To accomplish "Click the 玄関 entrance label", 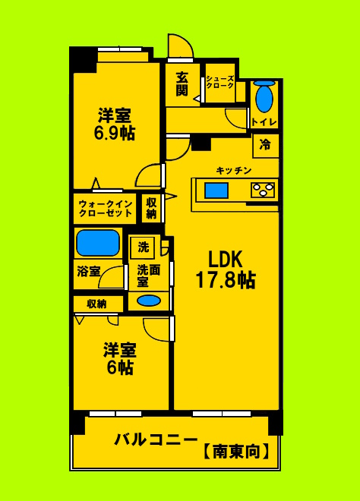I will (182, 83).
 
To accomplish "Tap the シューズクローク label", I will (219, 83).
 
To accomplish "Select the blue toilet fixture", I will (264, 99).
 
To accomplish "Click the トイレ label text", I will (264, 122).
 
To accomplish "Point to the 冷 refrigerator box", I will (265, 145).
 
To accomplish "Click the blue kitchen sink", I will (216, 190).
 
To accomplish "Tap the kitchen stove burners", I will (263, 190).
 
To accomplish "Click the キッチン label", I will (233, 170).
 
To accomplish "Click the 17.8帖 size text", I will (226, 280).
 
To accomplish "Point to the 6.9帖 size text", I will (114, 133).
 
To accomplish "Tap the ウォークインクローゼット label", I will (106, 208).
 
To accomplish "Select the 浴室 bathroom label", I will (88, 271).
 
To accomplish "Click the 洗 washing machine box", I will (143, 247).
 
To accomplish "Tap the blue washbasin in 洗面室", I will (149, 300).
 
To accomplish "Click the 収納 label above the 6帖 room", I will (96, 304).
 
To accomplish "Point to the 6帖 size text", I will (119, 368).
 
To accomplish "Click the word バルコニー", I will (156, 440).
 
